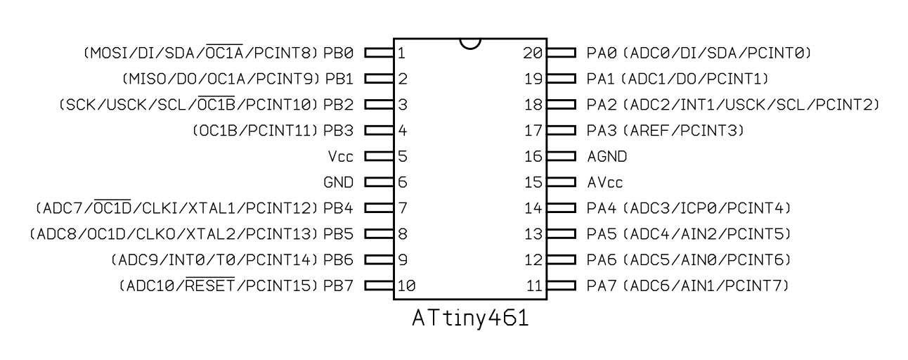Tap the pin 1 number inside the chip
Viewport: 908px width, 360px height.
401,53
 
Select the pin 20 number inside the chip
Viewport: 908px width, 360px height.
534,53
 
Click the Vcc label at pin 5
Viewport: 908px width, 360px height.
341,157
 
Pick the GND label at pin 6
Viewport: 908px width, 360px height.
338,183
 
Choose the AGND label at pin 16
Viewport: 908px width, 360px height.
607,157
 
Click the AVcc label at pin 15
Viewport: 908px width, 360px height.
605,183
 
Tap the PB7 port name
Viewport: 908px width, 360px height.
338,287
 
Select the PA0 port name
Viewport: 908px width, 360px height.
601,53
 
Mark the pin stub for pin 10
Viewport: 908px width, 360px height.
379,287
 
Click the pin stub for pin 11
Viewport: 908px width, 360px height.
561,287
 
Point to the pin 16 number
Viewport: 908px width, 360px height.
534,157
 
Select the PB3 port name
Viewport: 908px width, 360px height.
338,131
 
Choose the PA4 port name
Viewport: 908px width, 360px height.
601,209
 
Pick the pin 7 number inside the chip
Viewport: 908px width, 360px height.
402,209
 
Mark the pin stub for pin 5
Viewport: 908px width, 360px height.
379,157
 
